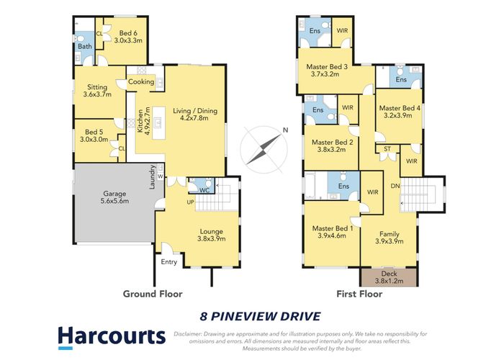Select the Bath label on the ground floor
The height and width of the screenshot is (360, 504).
(x=84, y=47)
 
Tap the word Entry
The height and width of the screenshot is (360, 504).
(x=169, y=261)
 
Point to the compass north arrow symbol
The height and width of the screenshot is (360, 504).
(x=262, y=144)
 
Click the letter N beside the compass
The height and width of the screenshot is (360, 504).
(x=285, y=130)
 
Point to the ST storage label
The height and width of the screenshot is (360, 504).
(x=387, y=149)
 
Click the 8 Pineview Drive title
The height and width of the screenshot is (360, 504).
(x=259, y=315)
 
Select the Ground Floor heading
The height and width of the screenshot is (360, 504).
(x=152, y=294)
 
